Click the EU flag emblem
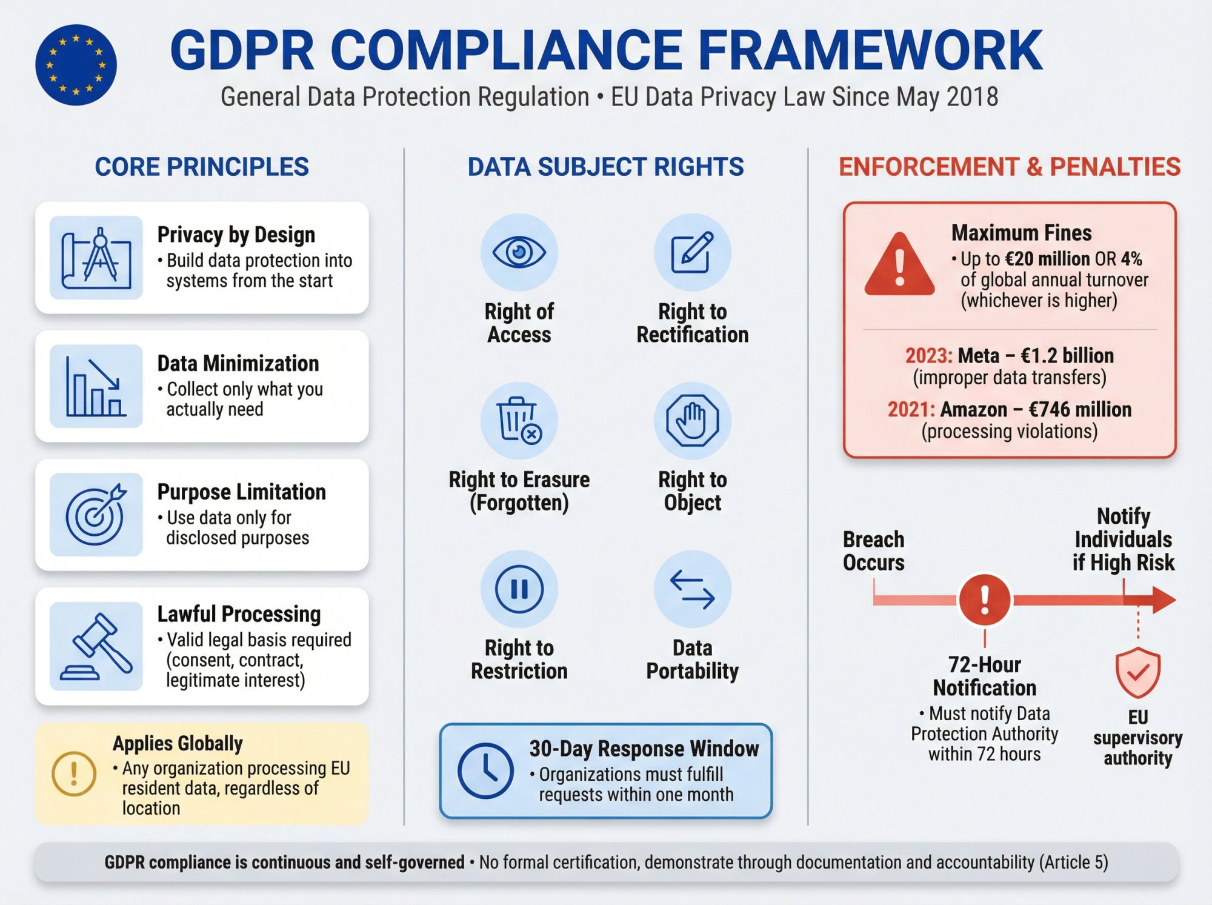76,65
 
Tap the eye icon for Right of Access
519,252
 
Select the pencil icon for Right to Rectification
692,252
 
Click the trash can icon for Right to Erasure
519,420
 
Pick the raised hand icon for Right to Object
692,420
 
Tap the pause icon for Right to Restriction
519,589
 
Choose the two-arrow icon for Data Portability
692,589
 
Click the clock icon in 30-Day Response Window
485,770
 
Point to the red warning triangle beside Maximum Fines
899,265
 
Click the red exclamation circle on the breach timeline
984,599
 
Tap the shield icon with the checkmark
1137,672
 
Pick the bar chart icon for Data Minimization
96,387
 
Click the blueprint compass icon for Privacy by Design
96,258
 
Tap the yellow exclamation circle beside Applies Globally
74,773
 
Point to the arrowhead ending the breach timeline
1164,599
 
